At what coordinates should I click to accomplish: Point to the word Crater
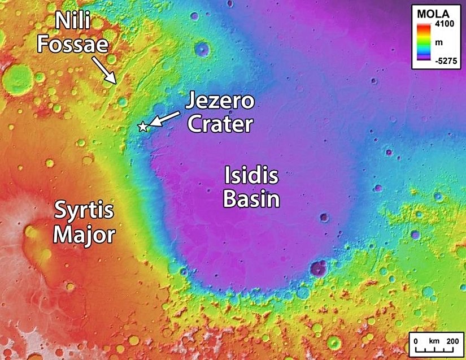click(x=219, y=124)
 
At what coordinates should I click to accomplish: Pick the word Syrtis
click(x=84, y=212)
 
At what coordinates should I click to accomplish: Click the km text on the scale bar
click(x=434, y=341)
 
